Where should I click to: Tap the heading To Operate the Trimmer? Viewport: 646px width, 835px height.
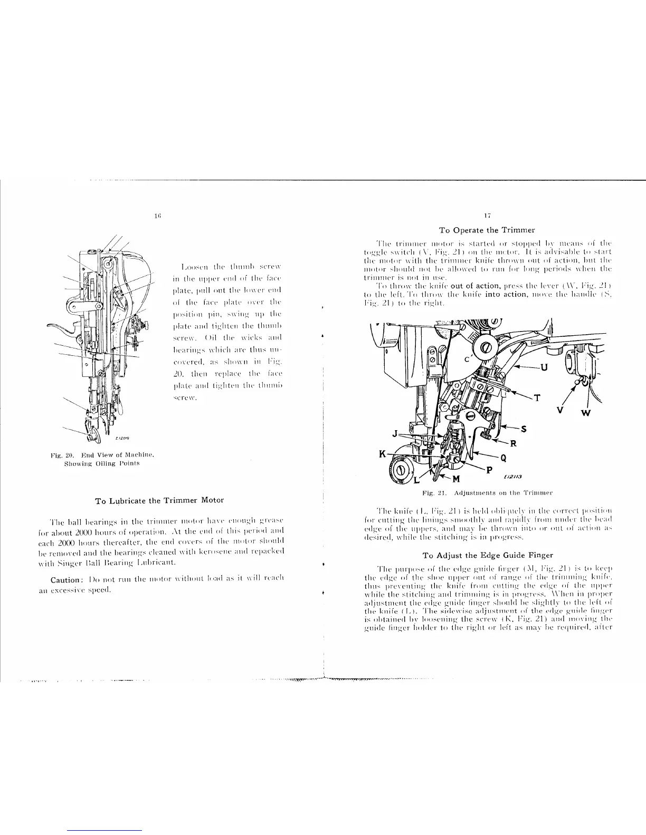(x=487, y=230)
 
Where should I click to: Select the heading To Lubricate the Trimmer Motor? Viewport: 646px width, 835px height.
(x=159, y=500)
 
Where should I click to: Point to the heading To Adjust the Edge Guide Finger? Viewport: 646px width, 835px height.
(x=488, y=555)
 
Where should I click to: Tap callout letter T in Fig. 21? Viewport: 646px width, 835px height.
(x=537, y=398)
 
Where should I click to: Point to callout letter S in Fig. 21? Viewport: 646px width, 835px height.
(x=524, y=428)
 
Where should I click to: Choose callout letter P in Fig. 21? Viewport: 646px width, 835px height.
(x=489, y=470)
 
